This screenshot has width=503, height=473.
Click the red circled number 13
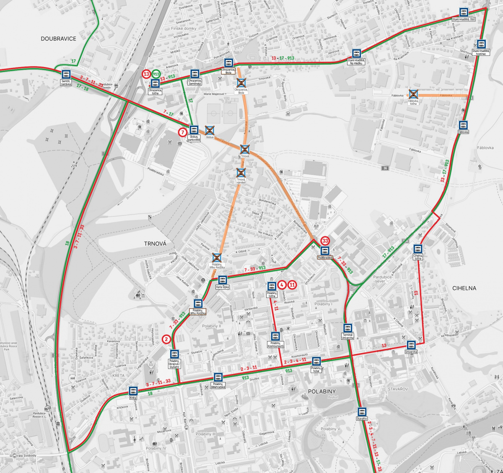pos(146,74)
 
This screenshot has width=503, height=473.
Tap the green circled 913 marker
pos(156,74)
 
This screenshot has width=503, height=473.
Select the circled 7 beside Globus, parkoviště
pos(182,132)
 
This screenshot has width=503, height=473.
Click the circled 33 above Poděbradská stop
pos(325,241)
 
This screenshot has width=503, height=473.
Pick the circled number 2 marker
pos(167,339)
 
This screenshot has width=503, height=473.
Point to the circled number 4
pos(283,285)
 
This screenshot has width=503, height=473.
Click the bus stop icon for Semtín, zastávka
pos(66,75)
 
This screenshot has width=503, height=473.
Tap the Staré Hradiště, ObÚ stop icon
pos(464,13)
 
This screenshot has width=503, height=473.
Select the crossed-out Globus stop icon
pos(209,131)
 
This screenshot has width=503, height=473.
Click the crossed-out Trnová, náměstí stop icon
pos(241,173)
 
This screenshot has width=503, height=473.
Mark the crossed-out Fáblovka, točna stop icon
pos(413,94)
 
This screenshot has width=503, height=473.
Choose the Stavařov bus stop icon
pos(362,412)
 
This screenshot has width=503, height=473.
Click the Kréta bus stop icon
pos(133,390)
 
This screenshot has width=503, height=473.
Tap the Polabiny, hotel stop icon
pos(316,361)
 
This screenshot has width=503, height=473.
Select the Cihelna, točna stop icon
pos(417,249)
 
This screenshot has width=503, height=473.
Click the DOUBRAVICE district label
pos(58,39)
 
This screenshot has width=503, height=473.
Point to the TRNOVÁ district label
pos(155,243)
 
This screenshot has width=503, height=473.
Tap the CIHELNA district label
pos(464,288)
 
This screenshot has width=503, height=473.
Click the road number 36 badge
pos(385,168)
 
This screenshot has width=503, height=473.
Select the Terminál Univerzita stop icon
pos(347,328)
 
